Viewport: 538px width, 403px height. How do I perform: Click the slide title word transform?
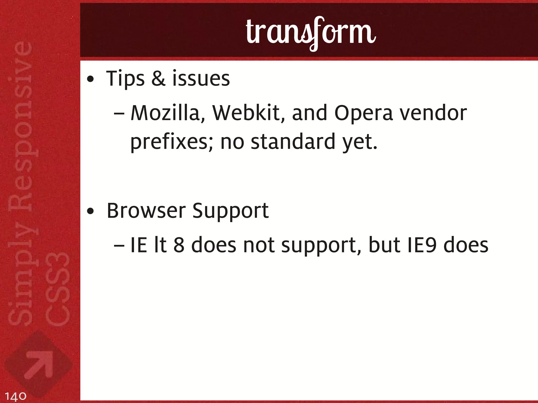[311, 33]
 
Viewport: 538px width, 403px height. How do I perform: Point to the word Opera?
[363, 113]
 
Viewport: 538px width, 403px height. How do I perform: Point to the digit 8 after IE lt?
[179, 245]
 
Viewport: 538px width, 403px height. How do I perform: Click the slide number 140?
[15, 396]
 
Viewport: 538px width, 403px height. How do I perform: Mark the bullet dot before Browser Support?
[90, 211]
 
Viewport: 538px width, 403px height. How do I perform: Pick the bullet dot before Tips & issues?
[90, 79]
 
